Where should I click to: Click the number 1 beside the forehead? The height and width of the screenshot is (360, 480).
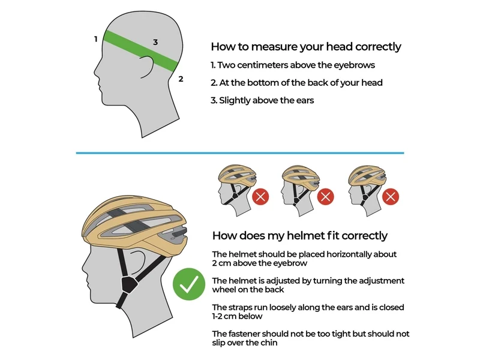click(96, 39)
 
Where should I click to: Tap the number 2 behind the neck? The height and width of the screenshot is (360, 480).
click(181, 79)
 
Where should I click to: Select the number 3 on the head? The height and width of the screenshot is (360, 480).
click(155, 42)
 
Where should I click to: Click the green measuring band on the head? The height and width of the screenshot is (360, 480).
click(141, 51)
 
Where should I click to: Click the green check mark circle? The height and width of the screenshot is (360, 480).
click(189, 284)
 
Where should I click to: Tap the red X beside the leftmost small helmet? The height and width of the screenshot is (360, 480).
click(260, 197)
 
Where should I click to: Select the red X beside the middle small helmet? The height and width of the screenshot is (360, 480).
click(325, 197)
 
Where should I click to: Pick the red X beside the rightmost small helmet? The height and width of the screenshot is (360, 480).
click(391, 197)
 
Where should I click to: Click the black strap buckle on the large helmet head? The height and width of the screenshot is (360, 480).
click(128, 284)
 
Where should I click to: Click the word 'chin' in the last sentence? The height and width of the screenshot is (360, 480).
click(269, 343)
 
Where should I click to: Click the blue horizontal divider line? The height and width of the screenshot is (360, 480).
click(240, 153)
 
